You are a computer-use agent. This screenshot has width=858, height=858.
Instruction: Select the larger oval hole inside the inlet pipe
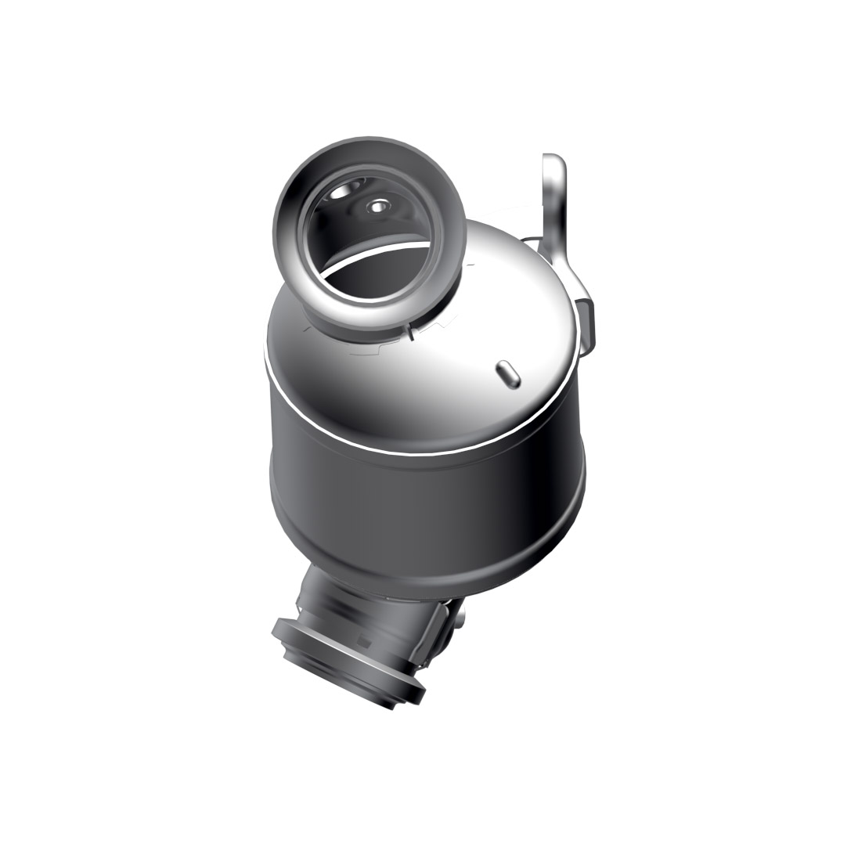coord(344,192)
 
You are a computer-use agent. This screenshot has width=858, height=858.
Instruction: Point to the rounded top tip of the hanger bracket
coord(553,160)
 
